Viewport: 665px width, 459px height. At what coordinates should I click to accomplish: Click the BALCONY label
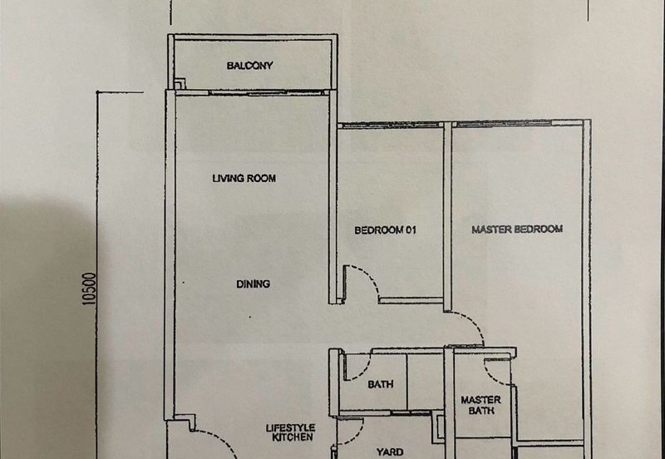tap(249, 66)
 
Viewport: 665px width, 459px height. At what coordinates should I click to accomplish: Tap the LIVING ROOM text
tap(244, 178)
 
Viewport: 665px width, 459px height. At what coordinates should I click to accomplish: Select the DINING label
tap(254, 284)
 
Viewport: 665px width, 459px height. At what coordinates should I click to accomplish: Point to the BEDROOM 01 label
tap(386, 230)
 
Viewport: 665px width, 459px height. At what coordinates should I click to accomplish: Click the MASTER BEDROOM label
tap(517, 229)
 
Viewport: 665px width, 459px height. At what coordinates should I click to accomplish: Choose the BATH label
tap(381, 384)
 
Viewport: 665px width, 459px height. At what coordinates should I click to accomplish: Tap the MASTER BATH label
tap(481, 405)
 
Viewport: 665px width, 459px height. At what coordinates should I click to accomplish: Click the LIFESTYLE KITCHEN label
tap(290, 432)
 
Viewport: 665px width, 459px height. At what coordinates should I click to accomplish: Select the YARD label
tap(390, 452)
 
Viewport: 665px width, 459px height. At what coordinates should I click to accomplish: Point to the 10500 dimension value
tap(90, 289)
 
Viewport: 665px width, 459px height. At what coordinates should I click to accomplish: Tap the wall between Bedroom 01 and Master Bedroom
tap(447, 216)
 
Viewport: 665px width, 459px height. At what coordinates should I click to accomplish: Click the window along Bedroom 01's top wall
tap(389, 125)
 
